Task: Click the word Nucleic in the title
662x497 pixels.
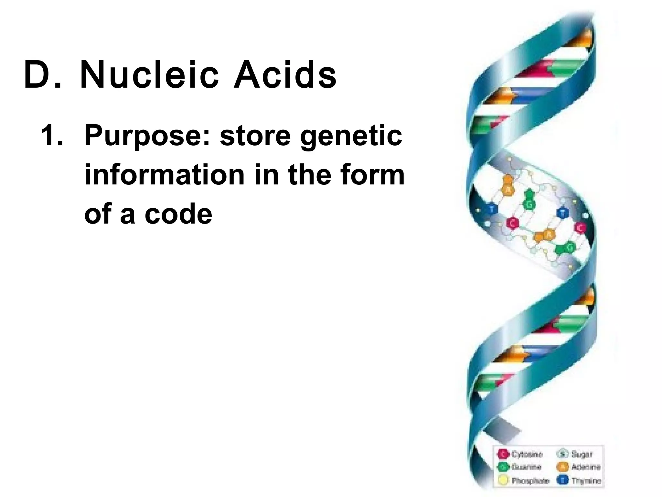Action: (x=150, y=75)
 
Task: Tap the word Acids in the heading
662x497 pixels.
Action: (x=285, y=75)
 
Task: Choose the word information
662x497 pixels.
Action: (x=165, y=175)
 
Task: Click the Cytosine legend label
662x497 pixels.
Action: (x=527, y=454)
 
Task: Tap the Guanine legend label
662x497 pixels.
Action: (x=526, y=467)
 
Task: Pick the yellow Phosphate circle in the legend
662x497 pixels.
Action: (x=503, y=480)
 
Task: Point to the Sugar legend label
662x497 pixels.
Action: (x=582, y=454)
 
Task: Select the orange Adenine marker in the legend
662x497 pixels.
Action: (x=562, y=467)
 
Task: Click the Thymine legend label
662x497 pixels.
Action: (x=586, y=480)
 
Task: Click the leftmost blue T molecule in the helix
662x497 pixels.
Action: (x=492, y=209)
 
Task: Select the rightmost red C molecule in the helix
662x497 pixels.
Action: (x=580, y=228)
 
